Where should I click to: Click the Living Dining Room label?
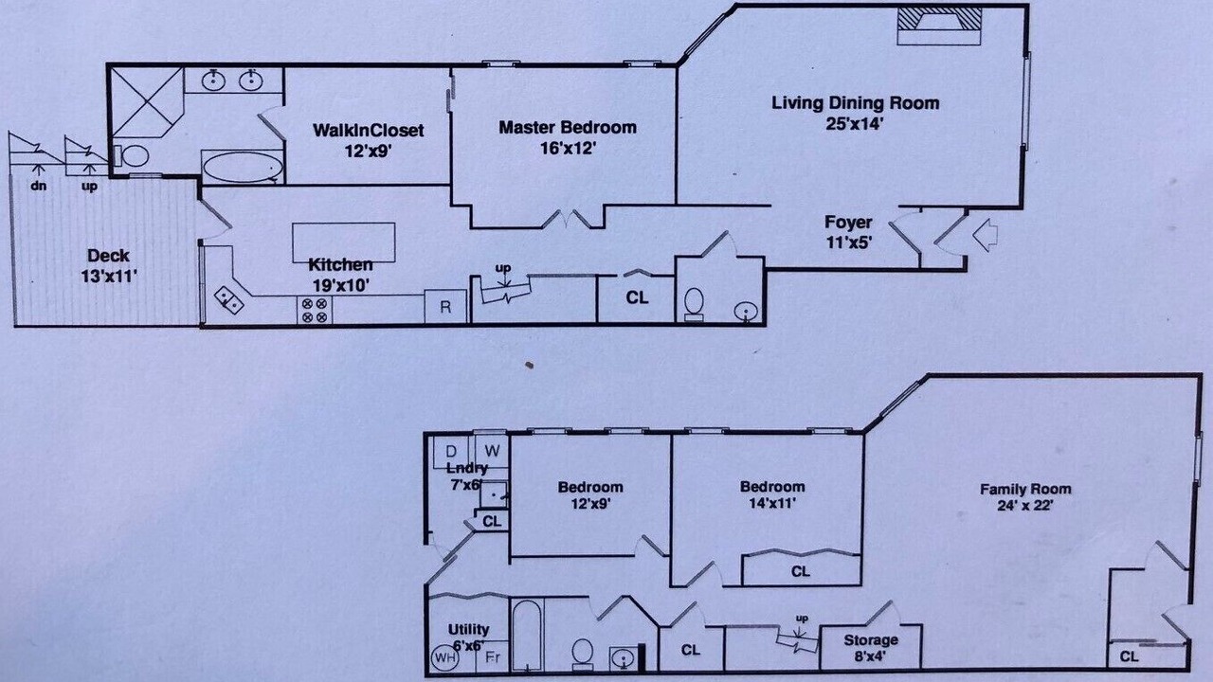point(855,103)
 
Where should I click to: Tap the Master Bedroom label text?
point(568,128)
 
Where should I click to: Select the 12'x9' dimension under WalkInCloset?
point(369,151)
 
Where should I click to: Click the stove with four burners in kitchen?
point(315,310)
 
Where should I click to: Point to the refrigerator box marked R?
point(445,307)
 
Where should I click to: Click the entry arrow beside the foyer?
point(985,235)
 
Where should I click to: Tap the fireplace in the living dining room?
point(939,26)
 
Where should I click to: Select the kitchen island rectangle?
point(343,242)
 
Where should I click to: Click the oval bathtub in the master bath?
point(242,167)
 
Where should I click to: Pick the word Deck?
point(108,256)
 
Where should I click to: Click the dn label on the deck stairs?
point(38,187)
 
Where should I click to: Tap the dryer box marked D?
point(451,451)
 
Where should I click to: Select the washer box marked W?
point(492,451)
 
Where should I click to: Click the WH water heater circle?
point(445,657)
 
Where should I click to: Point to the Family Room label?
point(1025,490)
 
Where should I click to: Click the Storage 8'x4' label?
point(871,649)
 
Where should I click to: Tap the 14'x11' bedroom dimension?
point(771,503)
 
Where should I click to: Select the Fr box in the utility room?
point(492,657)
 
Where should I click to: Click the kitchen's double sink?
point(228,300)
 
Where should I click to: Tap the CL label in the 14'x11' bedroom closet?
point(801,571)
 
